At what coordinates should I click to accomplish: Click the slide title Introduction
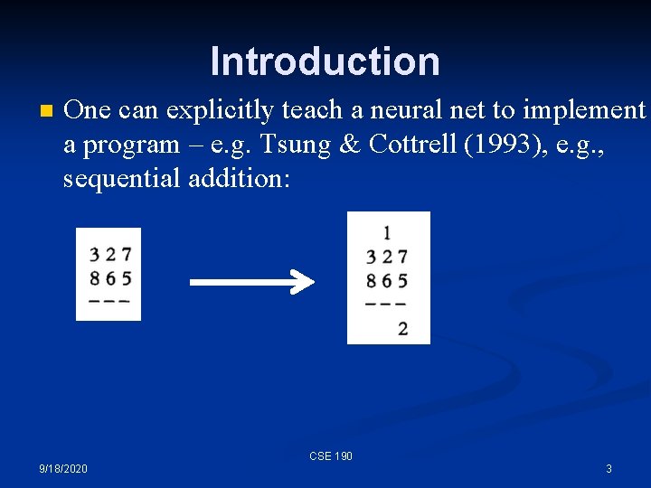coord(325,61)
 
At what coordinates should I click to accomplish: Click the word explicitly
coord(211,111)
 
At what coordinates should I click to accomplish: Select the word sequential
coord(121,178)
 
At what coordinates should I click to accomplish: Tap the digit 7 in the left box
coord(126,256)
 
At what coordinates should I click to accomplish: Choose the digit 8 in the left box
coord(95,277)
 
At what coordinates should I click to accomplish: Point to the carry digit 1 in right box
coord(387,233)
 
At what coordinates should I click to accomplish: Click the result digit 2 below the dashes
coord(402,328)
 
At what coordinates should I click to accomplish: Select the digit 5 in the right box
coord(402,281)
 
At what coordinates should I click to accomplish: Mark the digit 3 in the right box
coord(371,258)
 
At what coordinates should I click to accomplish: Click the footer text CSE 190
coord(331,456)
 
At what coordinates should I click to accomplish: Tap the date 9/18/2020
coord(63,469)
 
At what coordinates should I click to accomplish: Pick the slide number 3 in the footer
coord(609,469)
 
